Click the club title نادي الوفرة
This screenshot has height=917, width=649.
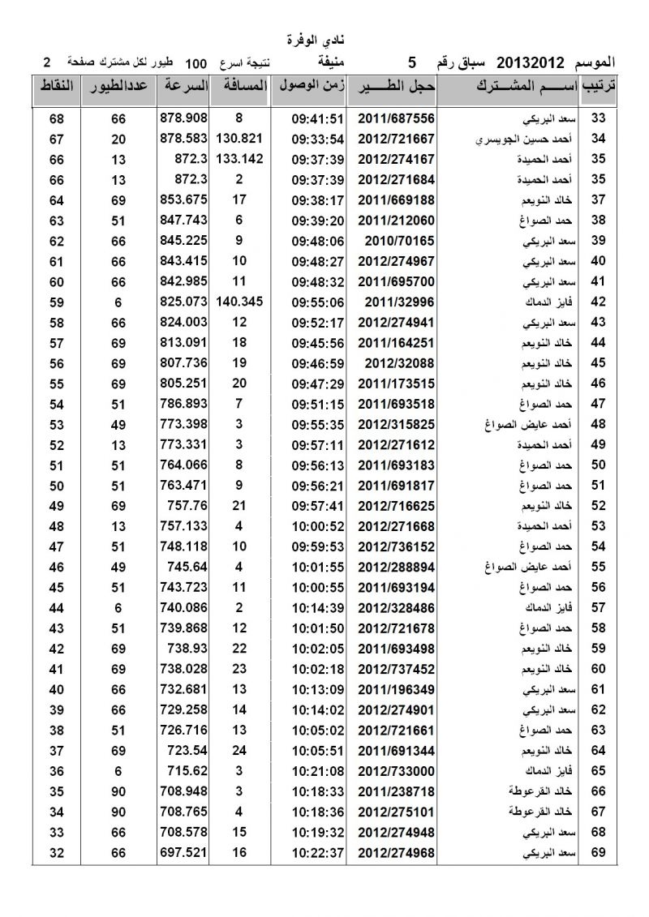[323, 39]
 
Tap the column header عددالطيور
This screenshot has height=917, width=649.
[118, 87]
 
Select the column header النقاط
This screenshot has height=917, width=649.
[56, 87]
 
